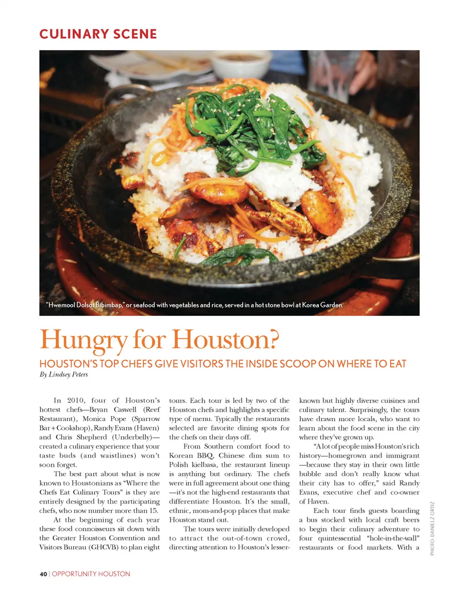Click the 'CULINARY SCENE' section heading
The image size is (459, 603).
98,34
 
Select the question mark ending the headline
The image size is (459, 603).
272,339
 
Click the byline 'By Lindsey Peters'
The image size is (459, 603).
64,374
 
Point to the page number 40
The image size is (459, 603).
43,574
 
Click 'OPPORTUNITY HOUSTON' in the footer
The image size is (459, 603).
91,574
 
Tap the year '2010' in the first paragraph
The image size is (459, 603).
76,400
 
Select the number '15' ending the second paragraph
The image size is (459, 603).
153,510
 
